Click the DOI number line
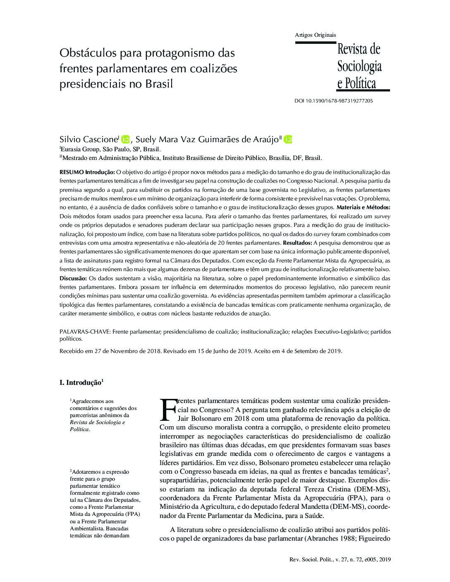point(333,100)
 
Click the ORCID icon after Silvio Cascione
point(125,139)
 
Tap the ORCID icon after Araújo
point(288,139)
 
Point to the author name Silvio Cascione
point(89,140)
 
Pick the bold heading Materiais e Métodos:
point(364,207)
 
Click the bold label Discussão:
point(73,278)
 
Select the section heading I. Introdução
point(80,383)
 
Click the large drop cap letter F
point(168,409)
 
